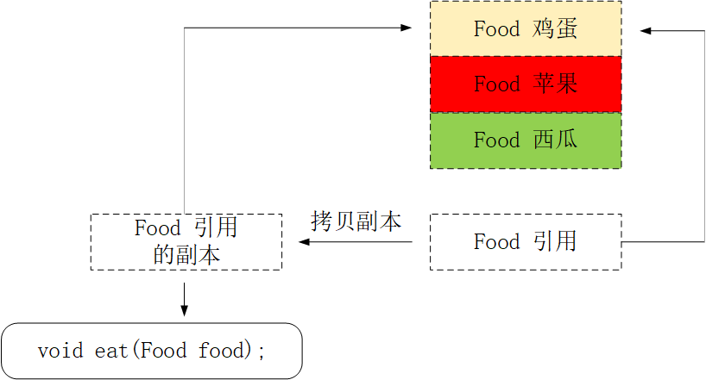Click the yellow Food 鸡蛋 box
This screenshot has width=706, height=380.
click(x=525, y=28)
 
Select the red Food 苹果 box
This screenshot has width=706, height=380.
click(x=525, y=84)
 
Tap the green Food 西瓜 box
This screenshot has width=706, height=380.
click(x=525, y=140)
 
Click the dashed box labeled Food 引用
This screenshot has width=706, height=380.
click(x=525, y=241)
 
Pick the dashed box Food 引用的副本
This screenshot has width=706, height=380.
click(x=186, y=241)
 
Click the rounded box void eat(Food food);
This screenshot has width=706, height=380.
click(x=152, y=351)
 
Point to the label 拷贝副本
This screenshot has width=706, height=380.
click(x=356, y=221)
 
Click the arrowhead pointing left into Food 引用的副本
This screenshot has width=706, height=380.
click(x=304, y=242)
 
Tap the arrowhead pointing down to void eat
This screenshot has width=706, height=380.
click(x=184, y=309)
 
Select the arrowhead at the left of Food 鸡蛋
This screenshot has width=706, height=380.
click(x=407, y=28)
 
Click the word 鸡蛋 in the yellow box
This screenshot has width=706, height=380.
click(x=554, y=28)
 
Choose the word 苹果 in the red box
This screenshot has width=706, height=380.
click(x=554, y=84)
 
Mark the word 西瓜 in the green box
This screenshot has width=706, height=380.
click(x=554, y=140)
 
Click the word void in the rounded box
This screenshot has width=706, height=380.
click(x=60, y=351)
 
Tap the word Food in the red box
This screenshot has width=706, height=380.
click(x=496, y=84)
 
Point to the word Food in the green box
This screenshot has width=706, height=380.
click(x=496, y=140)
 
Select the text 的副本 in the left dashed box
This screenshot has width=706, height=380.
click(x=186, y=255)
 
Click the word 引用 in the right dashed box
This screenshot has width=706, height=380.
click(x=554, y=241)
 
